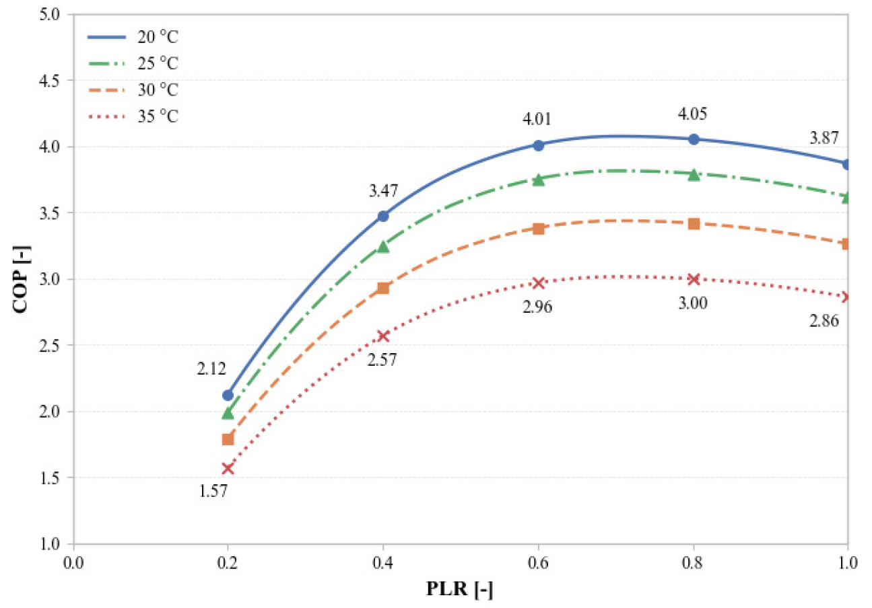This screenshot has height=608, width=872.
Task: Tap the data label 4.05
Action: (x=693, y=112)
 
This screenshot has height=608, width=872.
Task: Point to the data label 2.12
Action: (x=211, y=368)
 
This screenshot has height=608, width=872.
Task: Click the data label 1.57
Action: (x=213, y=491)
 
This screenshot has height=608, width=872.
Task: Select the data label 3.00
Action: (x=693, y=303)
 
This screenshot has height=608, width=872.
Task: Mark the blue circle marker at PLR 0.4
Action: (x=383, y=216)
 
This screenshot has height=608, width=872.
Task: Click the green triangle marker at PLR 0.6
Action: (x=538, y=180)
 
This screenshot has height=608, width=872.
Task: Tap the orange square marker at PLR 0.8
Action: (x=694, y=223)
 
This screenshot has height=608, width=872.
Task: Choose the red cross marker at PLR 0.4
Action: (x=383, y=336)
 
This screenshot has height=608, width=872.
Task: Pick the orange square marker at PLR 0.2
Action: (x=228, y=439)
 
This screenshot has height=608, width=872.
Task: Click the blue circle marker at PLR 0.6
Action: (x=538, y=145)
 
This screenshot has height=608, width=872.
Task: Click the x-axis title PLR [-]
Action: (x=460, y=591)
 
